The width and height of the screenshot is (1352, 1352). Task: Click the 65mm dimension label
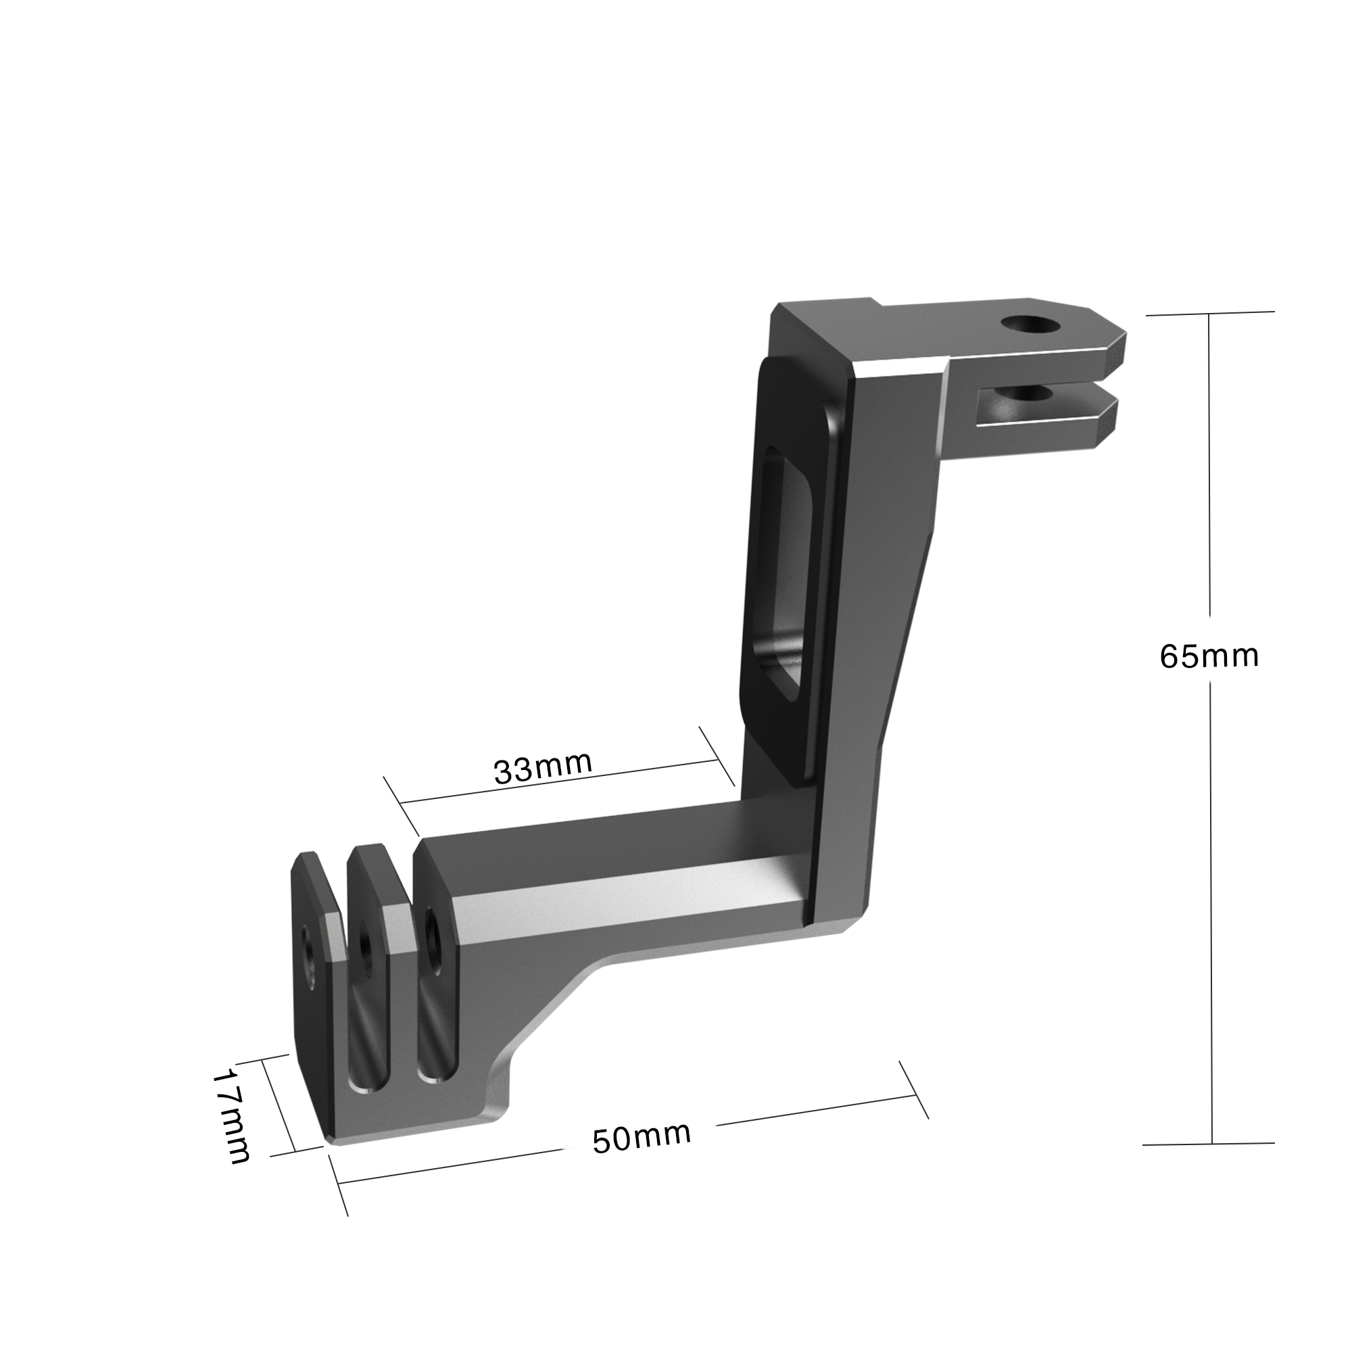pos(1209,656)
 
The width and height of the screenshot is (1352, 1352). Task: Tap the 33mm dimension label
pos(543,769)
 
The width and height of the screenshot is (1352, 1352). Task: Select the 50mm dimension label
pos(642,1136)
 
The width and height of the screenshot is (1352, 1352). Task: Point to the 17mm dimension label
pos(232,1119)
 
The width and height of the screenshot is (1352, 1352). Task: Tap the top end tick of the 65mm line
pos(1209,314)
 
